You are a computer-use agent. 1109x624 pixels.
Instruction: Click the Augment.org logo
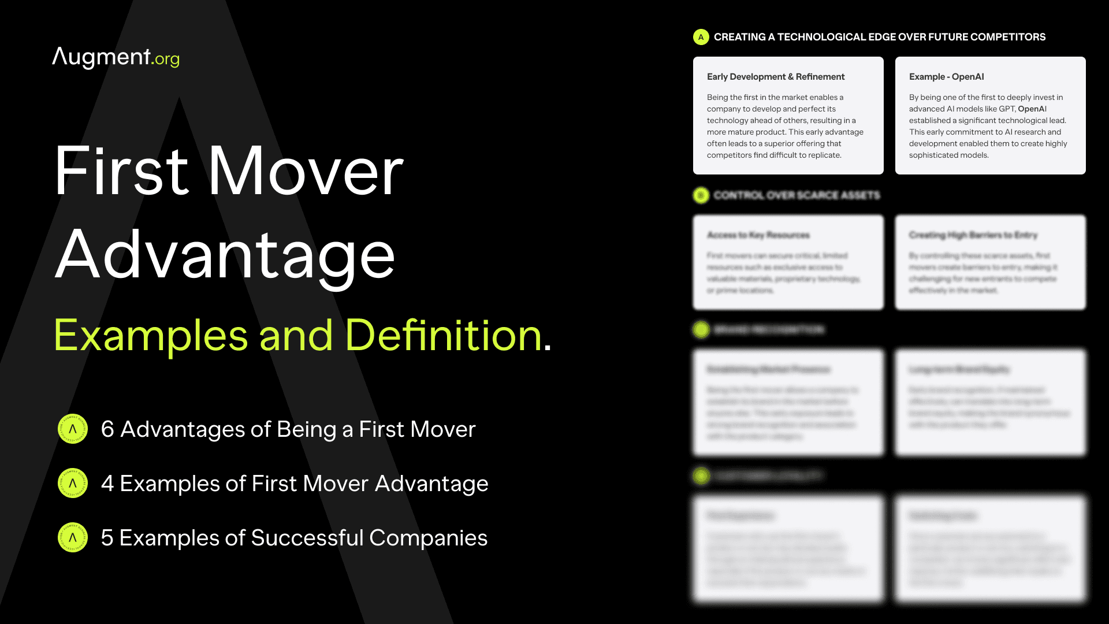pyautogui.click(x=116, y=58)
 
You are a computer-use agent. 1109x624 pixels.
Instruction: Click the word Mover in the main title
pyautogui.click(x=306, y=172)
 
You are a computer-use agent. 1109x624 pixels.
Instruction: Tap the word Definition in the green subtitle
pyautogui.click(x=443, y=335)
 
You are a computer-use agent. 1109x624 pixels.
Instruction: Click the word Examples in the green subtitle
pyautogui.click(x=151, y=335)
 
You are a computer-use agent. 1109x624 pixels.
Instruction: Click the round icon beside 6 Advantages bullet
pyautogui.click(x=73, y=429)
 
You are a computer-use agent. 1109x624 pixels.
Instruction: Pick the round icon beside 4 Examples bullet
pyautogui.click(x=73, y=483)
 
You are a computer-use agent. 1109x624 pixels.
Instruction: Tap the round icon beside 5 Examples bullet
pyautogui.click(x=73, y=537)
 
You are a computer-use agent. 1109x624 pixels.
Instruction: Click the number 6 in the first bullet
pyautogui.click(x=107, y=429)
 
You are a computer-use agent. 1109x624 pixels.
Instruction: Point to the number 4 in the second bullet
pyautogui.click(x=107, y=484)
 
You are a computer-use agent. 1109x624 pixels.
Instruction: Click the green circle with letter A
pyautogui.click(x=701, y=37)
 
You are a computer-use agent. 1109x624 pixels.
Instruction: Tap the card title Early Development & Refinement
pyautogui.click(x=775, y=77)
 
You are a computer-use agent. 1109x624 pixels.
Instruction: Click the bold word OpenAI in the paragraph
pyautogui.click(x=1032, y=109)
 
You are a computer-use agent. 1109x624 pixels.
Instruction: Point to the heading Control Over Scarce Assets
pyautogui.click(x=797, y=195)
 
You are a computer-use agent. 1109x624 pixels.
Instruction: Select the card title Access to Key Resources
pyautogui.click(x=758, y=235)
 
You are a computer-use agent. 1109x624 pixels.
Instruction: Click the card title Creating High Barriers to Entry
pyautogui.click(x=973, y=235)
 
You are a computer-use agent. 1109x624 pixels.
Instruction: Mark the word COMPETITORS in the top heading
pyautogui.click(x=1007, y=37)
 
